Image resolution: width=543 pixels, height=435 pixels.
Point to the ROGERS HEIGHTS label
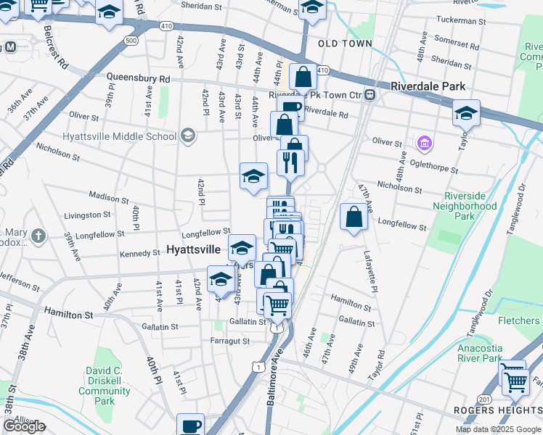tap(499, 410)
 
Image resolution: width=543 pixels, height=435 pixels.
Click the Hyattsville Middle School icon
tap(188, 135)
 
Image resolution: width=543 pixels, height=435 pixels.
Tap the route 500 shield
tap(131, 41)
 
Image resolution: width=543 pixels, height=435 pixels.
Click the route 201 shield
tap(485, 399)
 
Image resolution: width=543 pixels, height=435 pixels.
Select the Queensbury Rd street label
tap(138, 78)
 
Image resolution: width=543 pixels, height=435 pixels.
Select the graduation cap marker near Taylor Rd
tap(466, 112)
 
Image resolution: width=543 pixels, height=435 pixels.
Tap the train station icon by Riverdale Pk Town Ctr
tap(370, 94)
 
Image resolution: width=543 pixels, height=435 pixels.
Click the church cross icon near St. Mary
tap(38, 236)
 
